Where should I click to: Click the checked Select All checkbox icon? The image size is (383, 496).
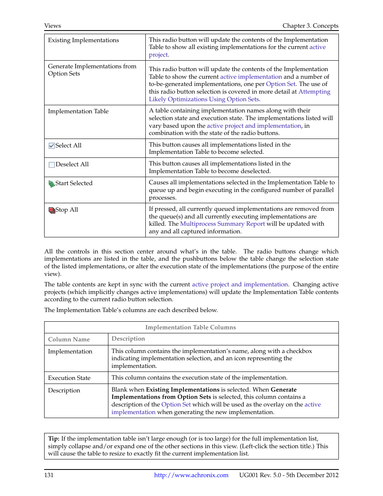pos(51,146)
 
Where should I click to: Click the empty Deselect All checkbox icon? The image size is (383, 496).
pos(51,165)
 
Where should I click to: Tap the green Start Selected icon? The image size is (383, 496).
pos(51,184)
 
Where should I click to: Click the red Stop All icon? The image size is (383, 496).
pos(51,210)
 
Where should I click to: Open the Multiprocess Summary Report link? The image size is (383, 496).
pos(222,224)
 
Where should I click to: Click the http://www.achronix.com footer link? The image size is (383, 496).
pos(191,475)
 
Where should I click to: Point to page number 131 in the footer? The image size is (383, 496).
pos(49,475)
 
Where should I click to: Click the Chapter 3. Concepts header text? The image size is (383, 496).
pos(310,26)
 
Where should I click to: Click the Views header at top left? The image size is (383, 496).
pos(53,26)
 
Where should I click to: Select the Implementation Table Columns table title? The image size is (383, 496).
pos(190,327)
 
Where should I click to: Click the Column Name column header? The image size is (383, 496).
pos(69,339)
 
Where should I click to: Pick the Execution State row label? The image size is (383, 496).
pos(69,378)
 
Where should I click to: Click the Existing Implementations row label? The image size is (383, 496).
pos(84,40)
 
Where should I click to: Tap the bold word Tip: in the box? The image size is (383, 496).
pos(54,439)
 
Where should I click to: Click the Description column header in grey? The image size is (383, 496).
pos(128,339)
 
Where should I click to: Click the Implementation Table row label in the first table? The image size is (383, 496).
pos(78,111)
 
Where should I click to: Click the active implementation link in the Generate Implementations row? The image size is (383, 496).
pos(251,77)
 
